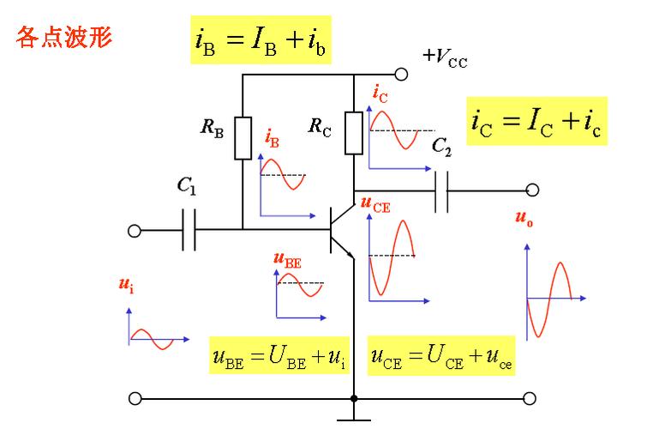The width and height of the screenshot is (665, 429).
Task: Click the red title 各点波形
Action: [x=64, y=37]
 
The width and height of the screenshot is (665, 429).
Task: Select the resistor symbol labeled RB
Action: [x=243, y=138]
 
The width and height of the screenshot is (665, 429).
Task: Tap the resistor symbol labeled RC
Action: [x=354, y=132]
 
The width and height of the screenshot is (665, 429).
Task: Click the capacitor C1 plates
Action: [x=189, y=230]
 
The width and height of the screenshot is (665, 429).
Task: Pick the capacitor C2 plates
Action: [x=441, y=191]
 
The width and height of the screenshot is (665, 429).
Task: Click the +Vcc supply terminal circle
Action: [x=401, y=75]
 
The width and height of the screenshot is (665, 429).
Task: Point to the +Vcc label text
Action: [x=445, y=57]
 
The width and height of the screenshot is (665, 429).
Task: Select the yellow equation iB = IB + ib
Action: [x=261, y=40]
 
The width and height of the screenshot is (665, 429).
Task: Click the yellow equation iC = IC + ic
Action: [x=537, y=121]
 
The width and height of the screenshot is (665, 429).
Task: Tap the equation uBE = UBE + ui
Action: [x=279, y=355]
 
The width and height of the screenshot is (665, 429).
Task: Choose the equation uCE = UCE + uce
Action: [x=441, y=355]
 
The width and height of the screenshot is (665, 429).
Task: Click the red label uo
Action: [x=524, y=218]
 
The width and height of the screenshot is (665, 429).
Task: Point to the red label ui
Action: [x=126, y=285]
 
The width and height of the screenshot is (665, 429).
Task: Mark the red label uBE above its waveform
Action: [x=288, y=260]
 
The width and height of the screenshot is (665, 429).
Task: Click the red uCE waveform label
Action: [x=375, y=204]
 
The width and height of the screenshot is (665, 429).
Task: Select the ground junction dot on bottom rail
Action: [x=354, y=398]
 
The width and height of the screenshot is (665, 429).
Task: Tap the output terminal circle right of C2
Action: [x=532, y=190]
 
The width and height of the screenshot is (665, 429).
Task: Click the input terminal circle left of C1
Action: [x=135, y=231]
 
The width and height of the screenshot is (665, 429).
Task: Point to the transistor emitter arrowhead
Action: [x=350, y=255]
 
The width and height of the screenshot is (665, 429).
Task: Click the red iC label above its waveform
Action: [x=380, y=94]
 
